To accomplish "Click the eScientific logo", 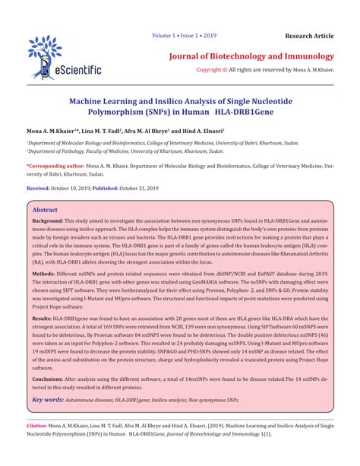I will (64, 58).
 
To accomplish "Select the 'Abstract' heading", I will (45, 209).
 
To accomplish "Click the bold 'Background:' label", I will (49, 220).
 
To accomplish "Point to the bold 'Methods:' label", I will (43, 270).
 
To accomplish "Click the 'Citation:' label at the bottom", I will (37, 428).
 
